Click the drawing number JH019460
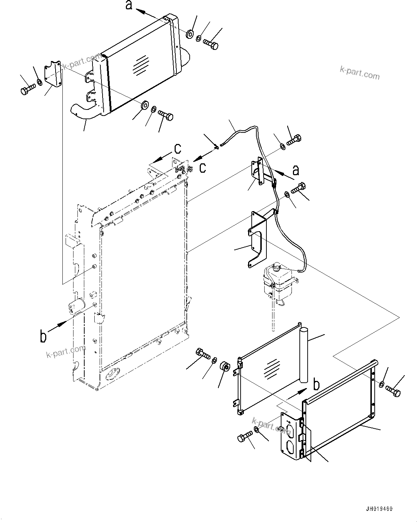(379, 509)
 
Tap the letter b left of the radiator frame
(43, 336)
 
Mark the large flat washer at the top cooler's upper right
(190, 34)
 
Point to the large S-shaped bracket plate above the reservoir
(259, 238)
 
